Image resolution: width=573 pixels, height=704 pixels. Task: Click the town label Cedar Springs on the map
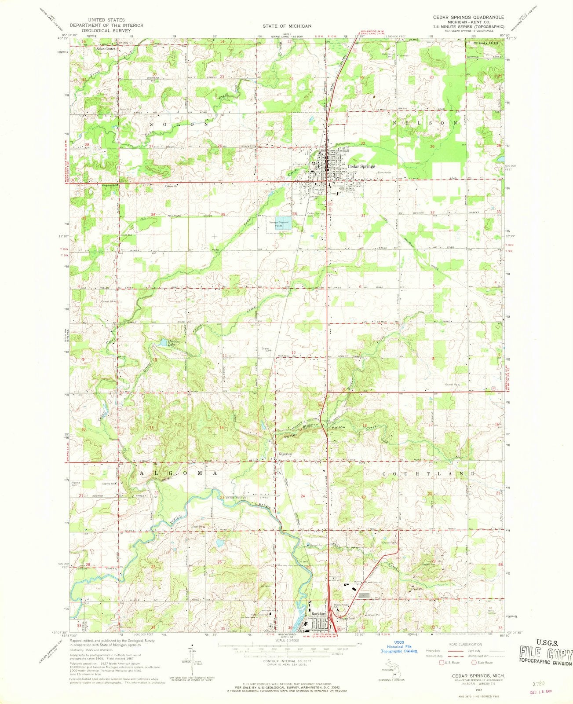[361, 167]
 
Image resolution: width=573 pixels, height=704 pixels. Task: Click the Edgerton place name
[285, 454]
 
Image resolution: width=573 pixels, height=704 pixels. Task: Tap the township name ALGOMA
[178, 473]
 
